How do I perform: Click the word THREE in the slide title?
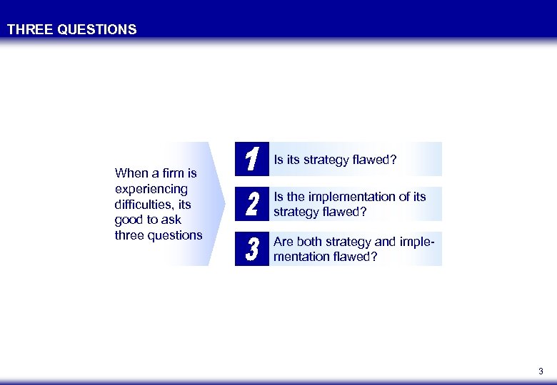click(x=28, y=30)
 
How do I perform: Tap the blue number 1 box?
click(x=251, y=159)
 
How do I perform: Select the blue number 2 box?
click(x=251, y=204)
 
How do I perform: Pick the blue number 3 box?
click(x=251, y=249)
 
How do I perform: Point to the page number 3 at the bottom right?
click(x=541, y=371)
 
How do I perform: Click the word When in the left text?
click(x=131, y=173)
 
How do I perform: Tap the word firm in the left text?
click(x=172, y=173)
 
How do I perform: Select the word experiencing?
click(x=151, y=189)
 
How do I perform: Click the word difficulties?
click(x=145, y=205)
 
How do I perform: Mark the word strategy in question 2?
click(x=296, y=212)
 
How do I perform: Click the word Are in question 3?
click(x=283, y=242)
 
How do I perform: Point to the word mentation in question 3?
click(x=301, y=257)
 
